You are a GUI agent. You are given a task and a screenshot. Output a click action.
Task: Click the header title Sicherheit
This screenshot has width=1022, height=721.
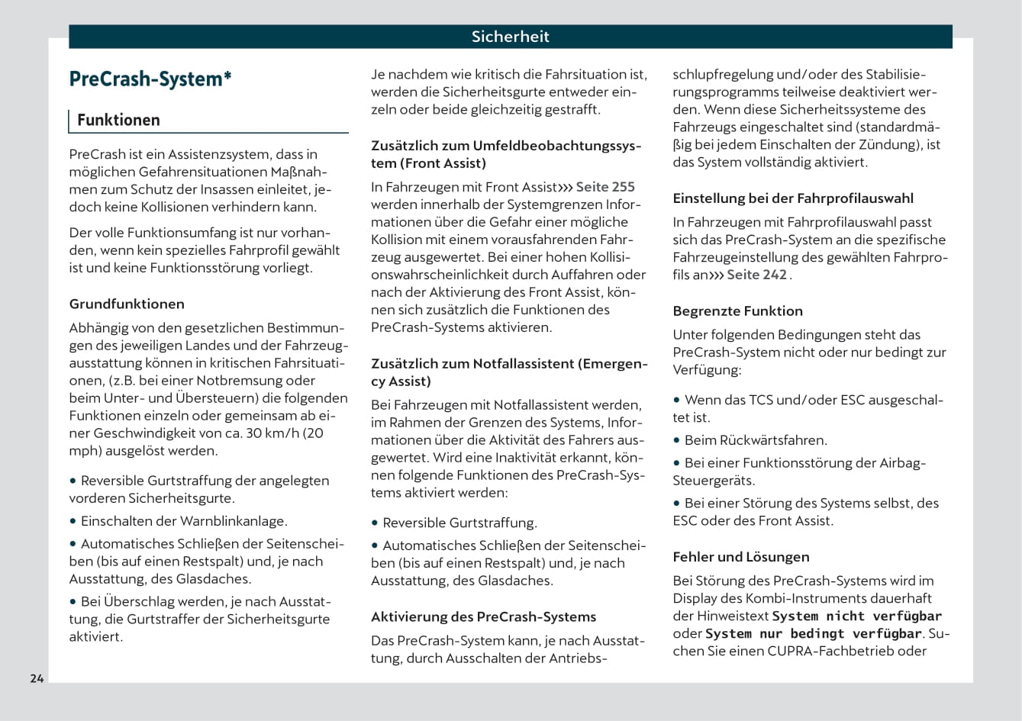coord(510,37)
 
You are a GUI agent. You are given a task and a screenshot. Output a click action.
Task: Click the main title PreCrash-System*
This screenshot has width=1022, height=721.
coord(150,79)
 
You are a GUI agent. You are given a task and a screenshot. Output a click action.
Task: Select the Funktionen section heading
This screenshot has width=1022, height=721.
coord(118,120)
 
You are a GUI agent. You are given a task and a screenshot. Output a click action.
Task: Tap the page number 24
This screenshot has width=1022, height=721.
coord(37,678)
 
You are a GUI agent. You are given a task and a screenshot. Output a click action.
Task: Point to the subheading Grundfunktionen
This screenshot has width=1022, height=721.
coord(127,304)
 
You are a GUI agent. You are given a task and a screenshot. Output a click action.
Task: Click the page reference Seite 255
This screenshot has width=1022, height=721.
coord(604,187)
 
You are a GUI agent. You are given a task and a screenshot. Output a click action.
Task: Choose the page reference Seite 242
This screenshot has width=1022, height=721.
coord(756,275)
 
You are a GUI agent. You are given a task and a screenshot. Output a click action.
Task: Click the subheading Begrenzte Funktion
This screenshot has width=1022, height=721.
coord(737,311)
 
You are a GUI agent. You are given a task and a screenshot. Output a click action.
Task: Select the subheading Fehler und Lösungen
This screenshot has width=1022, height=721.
coord(740,557)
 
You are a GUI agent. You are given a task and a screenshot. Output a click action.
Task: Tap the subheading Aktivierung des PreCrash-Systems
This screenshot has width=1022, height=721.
coord(483,616)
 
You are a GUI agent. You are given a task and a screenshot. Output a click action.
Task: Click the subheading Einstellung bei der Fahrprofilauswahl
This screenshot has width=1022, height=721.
coord(792,198)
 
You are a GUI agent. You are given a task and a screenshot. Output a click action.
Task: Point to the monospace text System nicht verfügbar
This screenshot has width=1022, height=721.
coord(856,616)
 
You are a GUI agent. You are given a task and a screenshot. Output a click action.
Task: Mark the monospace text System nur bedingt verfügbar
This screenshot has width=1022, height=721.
coord(814,633)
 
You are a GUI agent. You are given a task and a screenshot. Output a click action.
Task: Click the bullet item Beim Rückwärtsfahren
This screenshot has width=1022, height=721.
coord(756,440)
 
